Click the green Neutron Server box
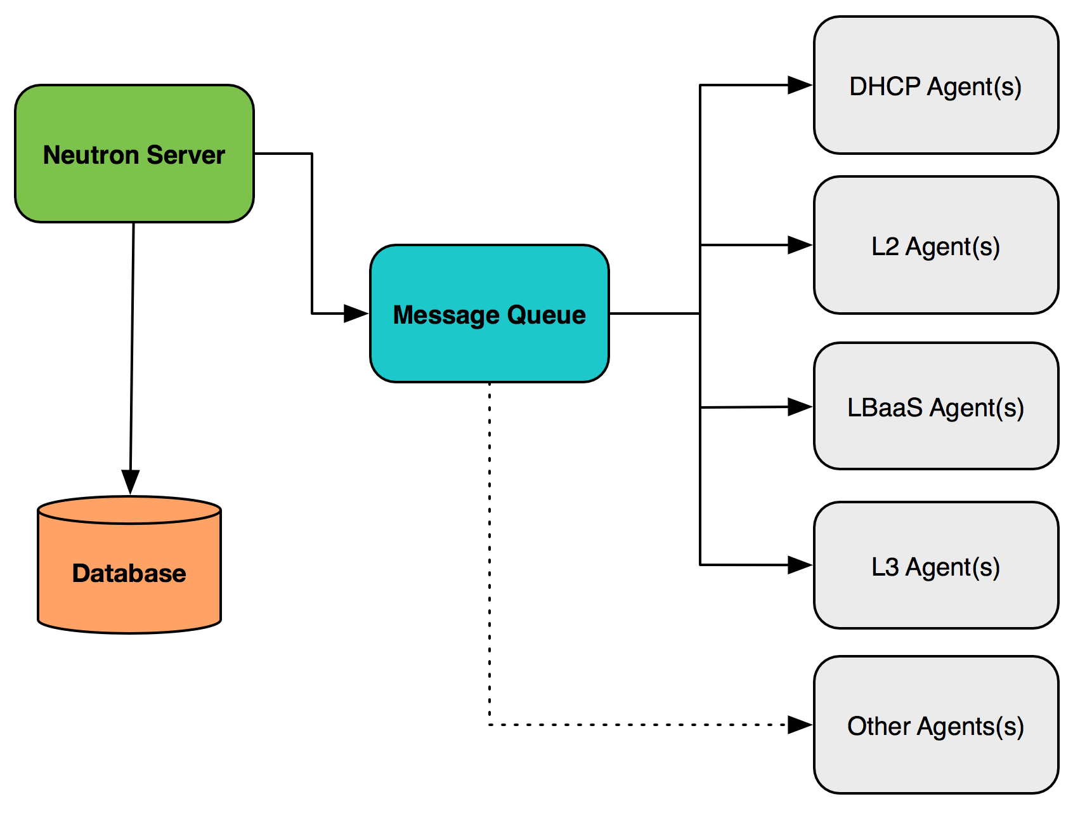(134, 154)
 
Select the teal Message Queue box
(490, 314)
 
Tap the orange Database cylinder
(129, 565)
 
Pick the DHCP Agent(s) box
(936, 85)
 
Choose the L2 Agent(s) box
(936, 245)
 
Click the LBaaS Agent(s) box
(936, 406)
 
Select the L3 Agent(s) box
(936, 565)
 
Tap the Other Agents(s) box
(936, 725)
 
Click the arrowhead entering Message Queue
(356, 314)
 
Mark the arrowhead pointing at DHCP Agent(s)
(800, 85)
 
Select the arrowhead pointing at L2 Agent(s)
(800, 245)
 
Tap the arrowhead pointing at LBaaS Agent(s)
(800, 407)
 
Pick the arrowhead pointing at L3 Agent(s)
(800, 565)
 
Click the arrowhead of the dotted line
(800, 725)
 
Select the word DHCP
(885, 86)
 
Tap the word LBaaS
(885, 407)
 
